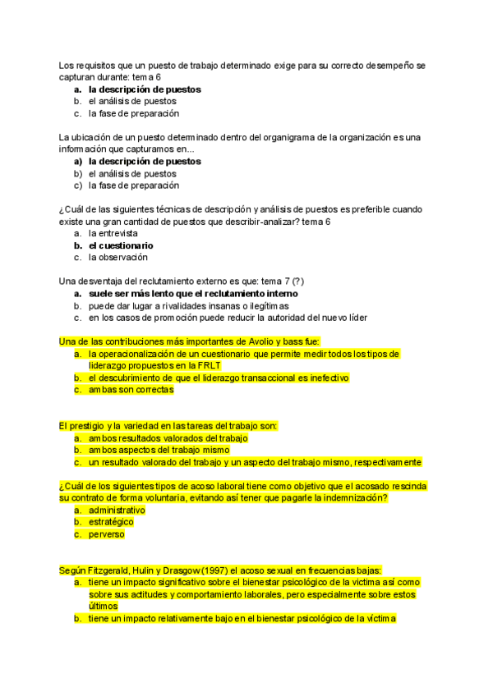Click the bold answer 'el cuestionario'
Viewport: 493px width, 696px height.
121,245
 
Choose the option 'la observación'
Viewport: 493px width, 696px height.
118,258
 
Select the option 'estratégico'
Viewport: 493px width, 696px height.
111,522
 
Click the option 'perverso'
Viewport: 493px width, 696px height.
107,534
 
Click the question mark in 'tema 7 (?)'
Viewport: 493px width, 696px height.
309,282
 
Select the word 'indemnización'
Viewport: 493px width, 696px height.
356,498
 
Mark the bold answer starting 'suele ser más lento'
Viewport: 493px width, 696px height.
193,294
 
